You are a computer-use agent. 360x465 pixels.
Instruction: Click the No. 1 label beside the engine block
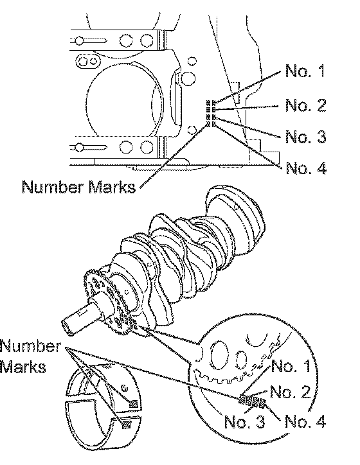pyautogui.click(x=305, y=71)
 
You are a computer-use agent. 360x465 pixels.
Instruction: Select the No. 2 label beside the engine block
pyautogui.click(x=306, y=105)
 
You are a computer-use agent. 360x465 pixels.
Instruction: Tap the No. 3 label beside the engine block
pyautogui.click(x=306, y=136)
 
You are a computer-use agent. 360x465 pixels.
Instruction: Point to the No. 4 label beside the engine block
pyautogui.click(x=306, y=168)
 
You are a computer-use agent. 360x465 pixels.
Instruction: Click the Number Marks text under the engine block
pyautogui.click(x=78, y=187)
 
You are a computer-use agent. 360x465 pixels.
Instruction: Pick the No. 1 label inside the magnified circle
pyautogui.click(x=291, y=365)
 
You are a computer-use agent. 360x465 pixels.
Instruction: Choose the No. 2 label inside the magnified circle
pyautogui.click(x=291, y=392)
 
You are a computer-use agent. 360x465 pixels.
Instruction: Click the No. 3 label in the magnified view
pyautogui.click(x=244, y=422)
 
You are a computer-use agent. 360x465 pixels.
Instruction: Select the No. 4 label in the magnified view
pyautogui.click(x=305, y=422)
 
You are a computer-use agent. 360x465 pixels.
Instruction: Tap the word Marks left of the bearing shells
pyautogui.click(x=23, y=367)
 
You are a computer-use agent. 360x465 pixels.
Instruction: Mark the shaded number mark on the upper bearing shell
pyautogui.click(x=133, y=403)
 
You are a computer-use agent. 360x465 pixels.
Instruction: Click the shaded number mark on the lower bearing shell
pyautogui.click(x=127, y=425)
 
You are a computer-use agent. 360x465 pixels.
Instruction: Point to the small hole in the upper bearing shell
pyautogui.click(x=125, y=388)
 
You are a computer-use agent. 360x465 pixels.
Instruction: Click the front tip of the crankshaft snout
pyautogui.click(x=67, y=328)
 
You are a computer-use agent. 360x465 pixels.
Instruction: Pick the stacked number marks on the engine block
pyautogui.click(x=212, y=114)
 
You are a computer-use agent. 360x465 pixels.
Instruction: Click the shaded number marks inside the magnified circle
pyautogui.click(x=252, y=401)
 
